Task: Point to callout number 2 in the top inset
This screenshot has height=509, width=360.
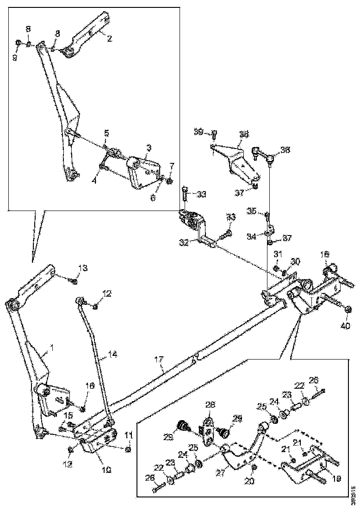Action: click(x=109, y=39)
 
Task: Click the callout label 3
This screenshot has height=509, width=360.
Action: click(x=149, y=148)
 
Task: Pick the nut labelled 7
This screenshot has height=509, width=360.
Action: click(x=170, y=180)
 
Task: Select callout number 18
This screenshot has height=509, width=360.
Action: click(x=325, y=254)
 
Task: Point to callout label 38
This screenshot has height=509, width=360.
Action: click(x=243, y=135)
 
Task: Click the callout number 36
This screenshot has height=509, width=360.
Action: click(x=285, y=150)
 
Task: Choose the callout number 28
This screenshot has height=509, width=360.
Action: click(x=210, y=405)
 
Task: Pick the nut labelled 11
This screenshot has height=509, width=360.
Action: click(x=128, y=448)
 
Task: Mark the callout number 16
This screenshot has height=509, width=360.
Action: click(x=89, y=385)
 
